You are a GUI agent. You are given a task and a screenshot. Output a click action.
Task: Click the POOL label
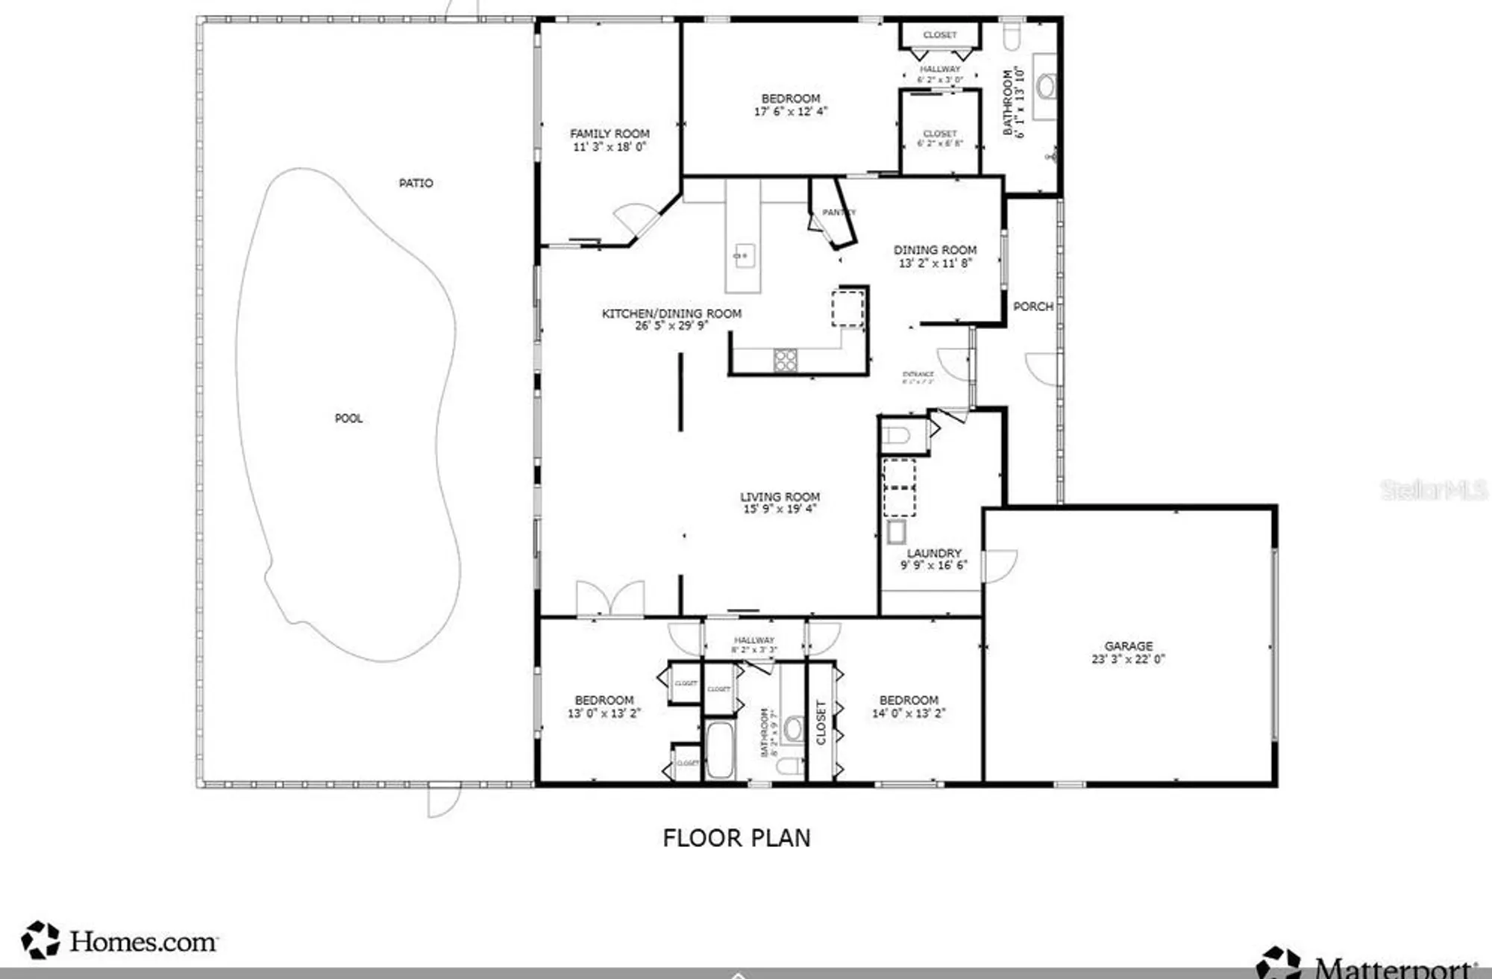(x=348, y=419)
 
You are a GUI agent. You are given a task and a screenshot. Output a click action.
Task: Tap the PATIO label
(x=416, y=184)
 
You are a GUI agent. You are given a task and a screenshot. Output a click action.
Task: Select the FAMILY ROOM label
(x=609, y=134)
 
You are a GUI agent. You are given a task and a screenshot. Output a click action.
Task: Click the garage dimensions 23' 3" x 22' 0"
(x=1128, y=659)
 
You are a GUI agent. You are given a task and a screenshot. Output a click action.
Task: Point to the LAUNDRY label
(x=934, y=553)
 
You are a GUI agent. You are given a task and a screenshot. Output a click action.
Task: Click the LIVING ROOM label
(x=780, y=497)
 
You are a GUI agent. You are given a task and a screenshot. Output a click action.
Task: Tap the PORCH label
(x=1032, y=307)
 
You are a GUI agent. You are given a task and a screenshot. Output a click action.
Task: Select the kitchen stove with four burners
(x=785, y=360)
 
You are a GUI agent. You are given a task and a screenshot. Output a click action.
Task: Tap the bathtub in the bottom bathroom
(x=719, y=749)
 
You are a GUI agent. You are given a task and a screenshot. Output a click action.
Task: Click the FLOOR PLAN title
(x=736, y=838)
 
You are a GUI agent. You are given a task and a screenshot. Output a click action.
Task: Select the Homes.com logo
(x=119, y=941)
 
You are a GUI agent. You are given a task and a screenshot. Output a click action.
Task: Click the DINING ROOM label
(x=935, y=250)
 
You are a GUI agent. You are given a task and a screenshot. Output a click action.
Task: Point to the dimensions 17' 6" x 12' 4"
(x=791, y=112)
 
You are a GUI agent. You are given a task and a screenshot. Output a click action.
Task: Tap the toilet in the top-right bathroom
(x=1012, y=35)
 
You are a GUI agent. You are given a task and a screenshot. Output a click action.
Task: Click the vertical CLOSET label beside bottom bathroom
(x=821, y=722)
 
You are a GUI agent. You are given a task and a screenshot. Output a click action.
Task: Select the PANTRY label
(x=838, y=213)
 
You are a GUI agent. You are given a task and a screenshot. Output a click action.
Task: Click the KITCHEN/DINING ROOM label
(x=671, y=313)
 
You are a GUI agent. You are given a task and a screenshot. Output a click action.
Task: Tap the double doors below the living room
(x=610, y=598)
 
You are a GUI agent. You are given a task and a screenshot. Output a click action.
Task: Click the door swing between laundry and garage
(x=1000, y=566)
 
